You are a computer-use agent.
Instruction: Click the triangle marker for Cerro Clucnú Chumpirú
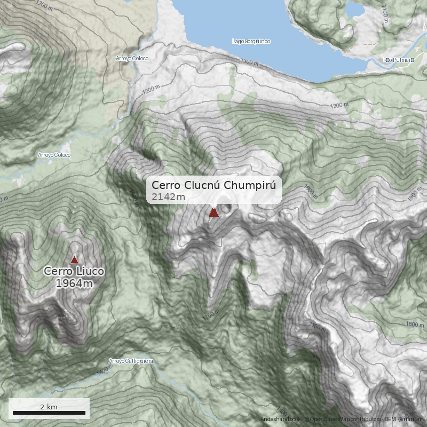click(x=214, y=213)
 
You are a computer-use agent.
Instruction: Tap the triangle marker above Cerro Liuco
click(x=74, y=259)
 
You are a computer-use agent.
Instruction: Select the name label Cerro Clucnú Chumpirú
click(x=213, y=185)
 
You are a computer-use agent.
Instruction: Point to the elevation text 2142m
click(x=168, y=197)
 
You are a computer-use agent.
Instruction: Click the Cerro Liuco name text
click(x=74, y=271)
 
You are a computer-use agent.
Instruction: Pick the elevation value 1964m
click(x=74, y=283)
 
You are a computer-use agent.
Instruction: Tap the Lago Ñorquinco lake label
click(x=251, y=41)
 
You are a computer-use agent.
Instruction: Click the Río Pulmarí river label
click(x=399, y=60)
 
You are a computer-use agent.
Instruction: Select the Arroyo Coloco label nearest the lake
click(x=132, y=58)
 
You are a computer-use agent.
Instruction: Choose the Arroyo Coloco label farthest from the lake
click(x=54, y=155)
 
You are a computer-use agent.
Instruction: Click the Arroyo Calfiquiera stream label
click(x=131, y=361)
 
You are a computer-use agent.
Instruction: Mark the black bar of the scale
click(x=49, y=413)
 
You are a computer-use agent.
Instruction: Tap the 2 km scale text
click(x=49, y=407)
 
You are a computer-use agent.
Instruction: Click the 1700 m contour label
click(x=211, y=316)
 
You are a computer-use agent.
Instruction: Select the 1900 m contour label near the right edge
click(x=414, y=197)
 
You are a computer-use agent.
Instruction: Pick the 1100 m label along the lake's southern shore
click(x=249, y=62)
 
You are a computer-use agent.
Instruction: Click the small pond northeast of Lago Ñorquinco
click(x=353, y=10)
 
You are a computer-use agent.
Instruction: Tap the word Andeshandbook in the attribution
click(x=280, y=420)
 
